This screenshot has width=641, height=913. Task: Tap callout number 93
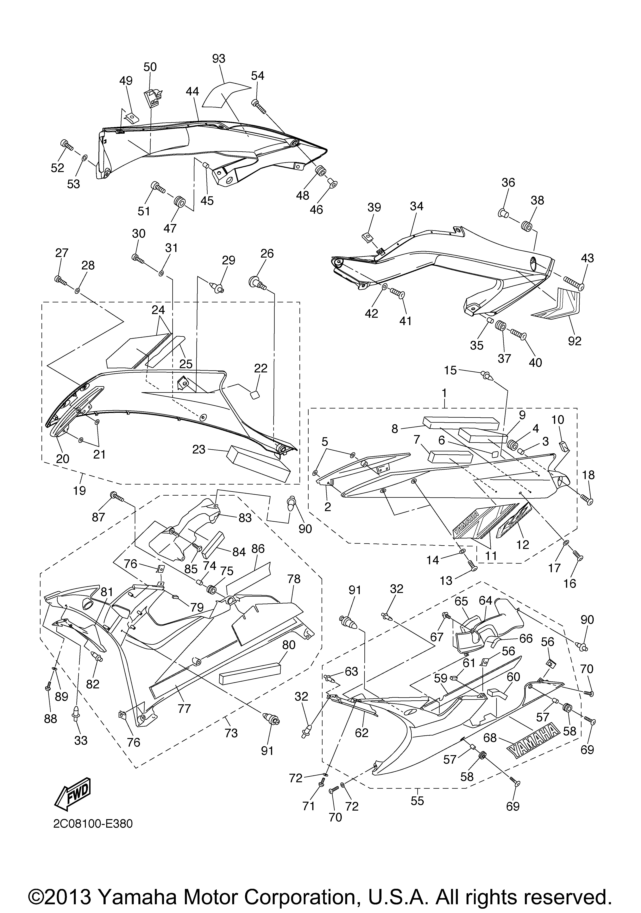[x=219, y=58]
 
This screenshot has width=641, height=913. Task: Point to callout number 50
[x=150, y=67]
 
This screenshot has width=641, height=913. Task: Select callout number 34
[x=417, y=206]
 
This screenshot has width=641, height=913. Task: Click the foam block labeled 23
[x=259, y=465]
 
